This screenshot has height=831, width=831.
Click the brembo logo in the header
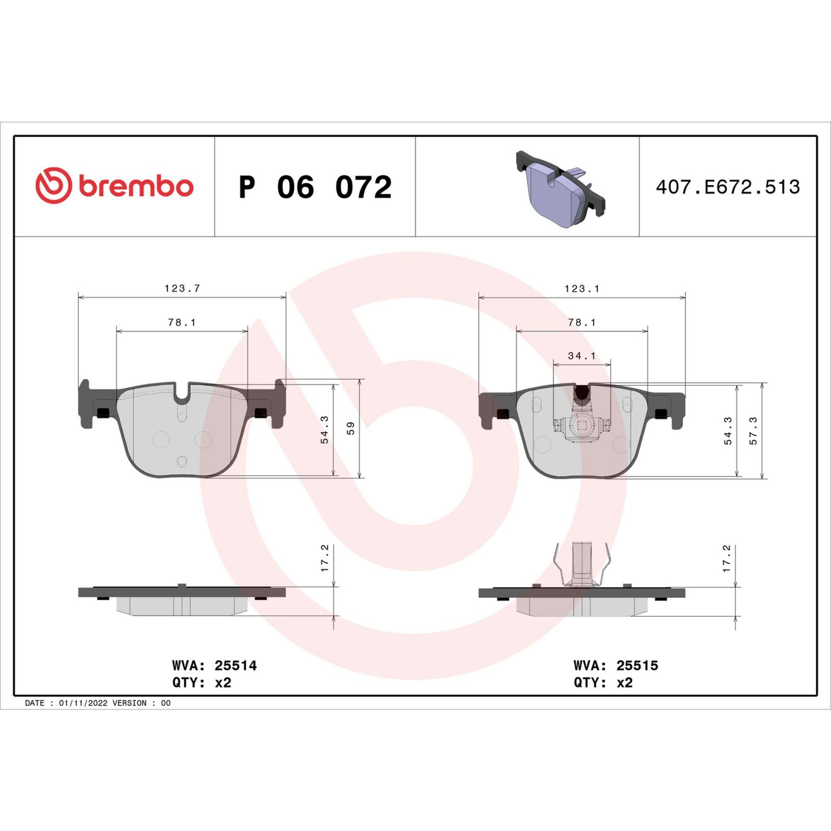pyautogui.click(x=114, y=185)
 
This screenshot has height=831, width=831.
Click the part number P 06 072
pyautogui.click(x=315, y=187)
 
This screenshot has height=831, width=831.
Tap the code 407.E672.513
pyautogui.click(x=728, y=187)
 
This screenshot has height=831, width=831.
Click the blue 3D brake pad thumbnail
pyautogui.click(x=561, y=189)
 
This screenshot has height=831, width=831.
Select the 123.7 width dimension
pyautogui.click(x=182, y=288)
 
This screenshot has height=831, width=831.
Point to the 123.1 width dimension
pyautogui.click(x=582, y=289)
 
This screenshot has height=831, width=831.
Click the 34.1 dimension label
pyautogui.click(x=582, y=356)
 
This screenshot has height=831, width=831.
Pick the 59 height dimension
pyautogui.click(x=351, y=428)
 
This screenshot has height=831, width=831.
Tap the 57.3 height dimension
pyautogui.click(x=753, y=431)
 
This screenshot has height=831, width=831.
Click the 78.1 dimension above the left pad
pyautogui.click(x=182, y=323)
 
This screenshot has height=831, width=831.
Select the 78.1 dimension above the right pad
pyautogui.click(x=582, y=323)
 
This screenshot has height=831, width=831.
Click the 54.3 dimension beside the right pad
pyautogui.click(x=728, y=431)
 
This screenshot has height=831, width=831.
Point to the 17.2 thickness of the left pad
pyautogui.click(x=325, y=558)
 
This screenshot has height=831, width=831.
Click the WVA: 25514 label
pyautogui.click(x=215, y=665)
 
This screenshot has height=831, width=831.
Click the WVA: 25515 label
pyautogui.click(x=616, y=665)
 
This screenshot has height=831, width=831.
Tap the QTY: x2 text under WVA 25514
pyautogui.click(x=202, y=682)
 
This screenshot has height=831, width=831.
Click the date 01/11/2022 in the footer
pyautogui.click(x=83, y=703)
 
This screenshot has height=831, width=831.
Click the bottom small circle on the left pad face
pyautogui.click(x=182, y=461)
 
